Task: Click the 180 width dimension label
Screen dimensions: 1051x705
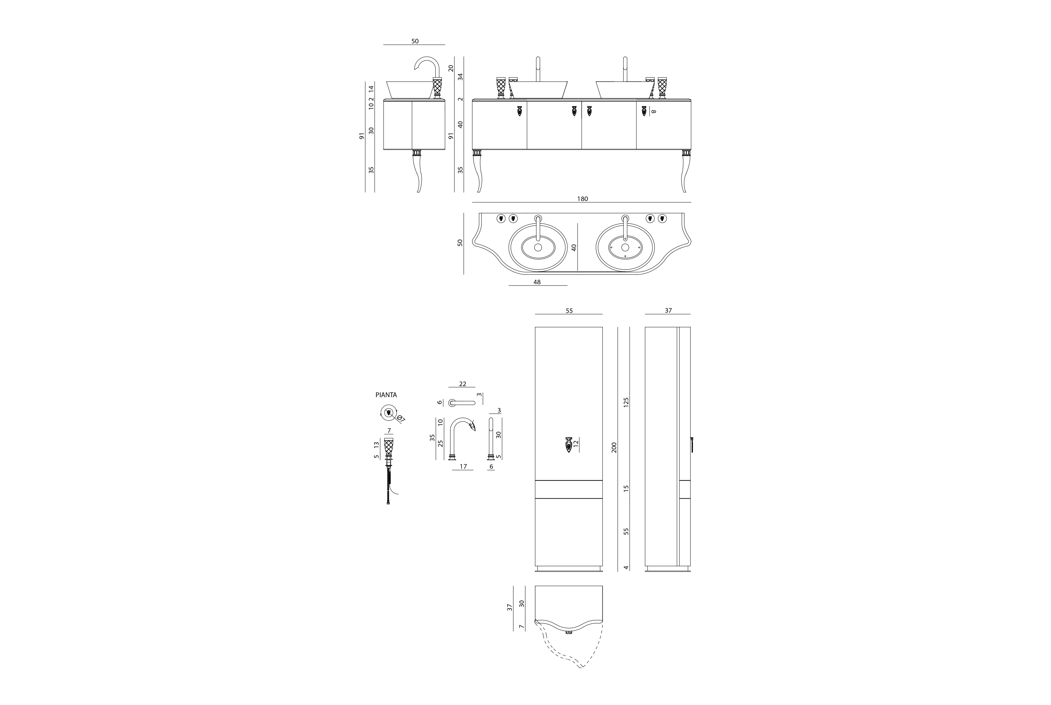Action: (582, 199)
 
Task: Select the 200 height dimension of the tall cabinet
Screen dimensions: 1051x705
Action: (614, 447)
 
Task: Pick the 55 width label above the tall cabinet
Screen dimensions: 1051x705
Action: (569, 311)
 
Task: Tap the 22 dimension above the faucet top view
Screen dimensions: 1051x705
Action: (463, 384)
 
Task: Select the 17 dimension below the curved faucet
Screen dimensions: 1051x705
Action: (463, 467)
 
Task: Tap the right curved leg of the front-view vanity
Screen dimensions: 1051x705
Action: (685, 171)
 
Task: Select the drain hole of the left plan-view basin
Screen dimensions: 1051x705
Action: (538, 247)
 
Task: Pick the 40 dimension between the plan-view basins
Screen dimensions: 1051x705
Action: (573, 247)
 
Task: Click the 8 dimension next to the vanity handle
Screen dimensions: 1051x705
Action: (654, 111)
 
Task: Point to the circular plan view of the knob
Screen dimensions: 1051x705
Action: (388, 412)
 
